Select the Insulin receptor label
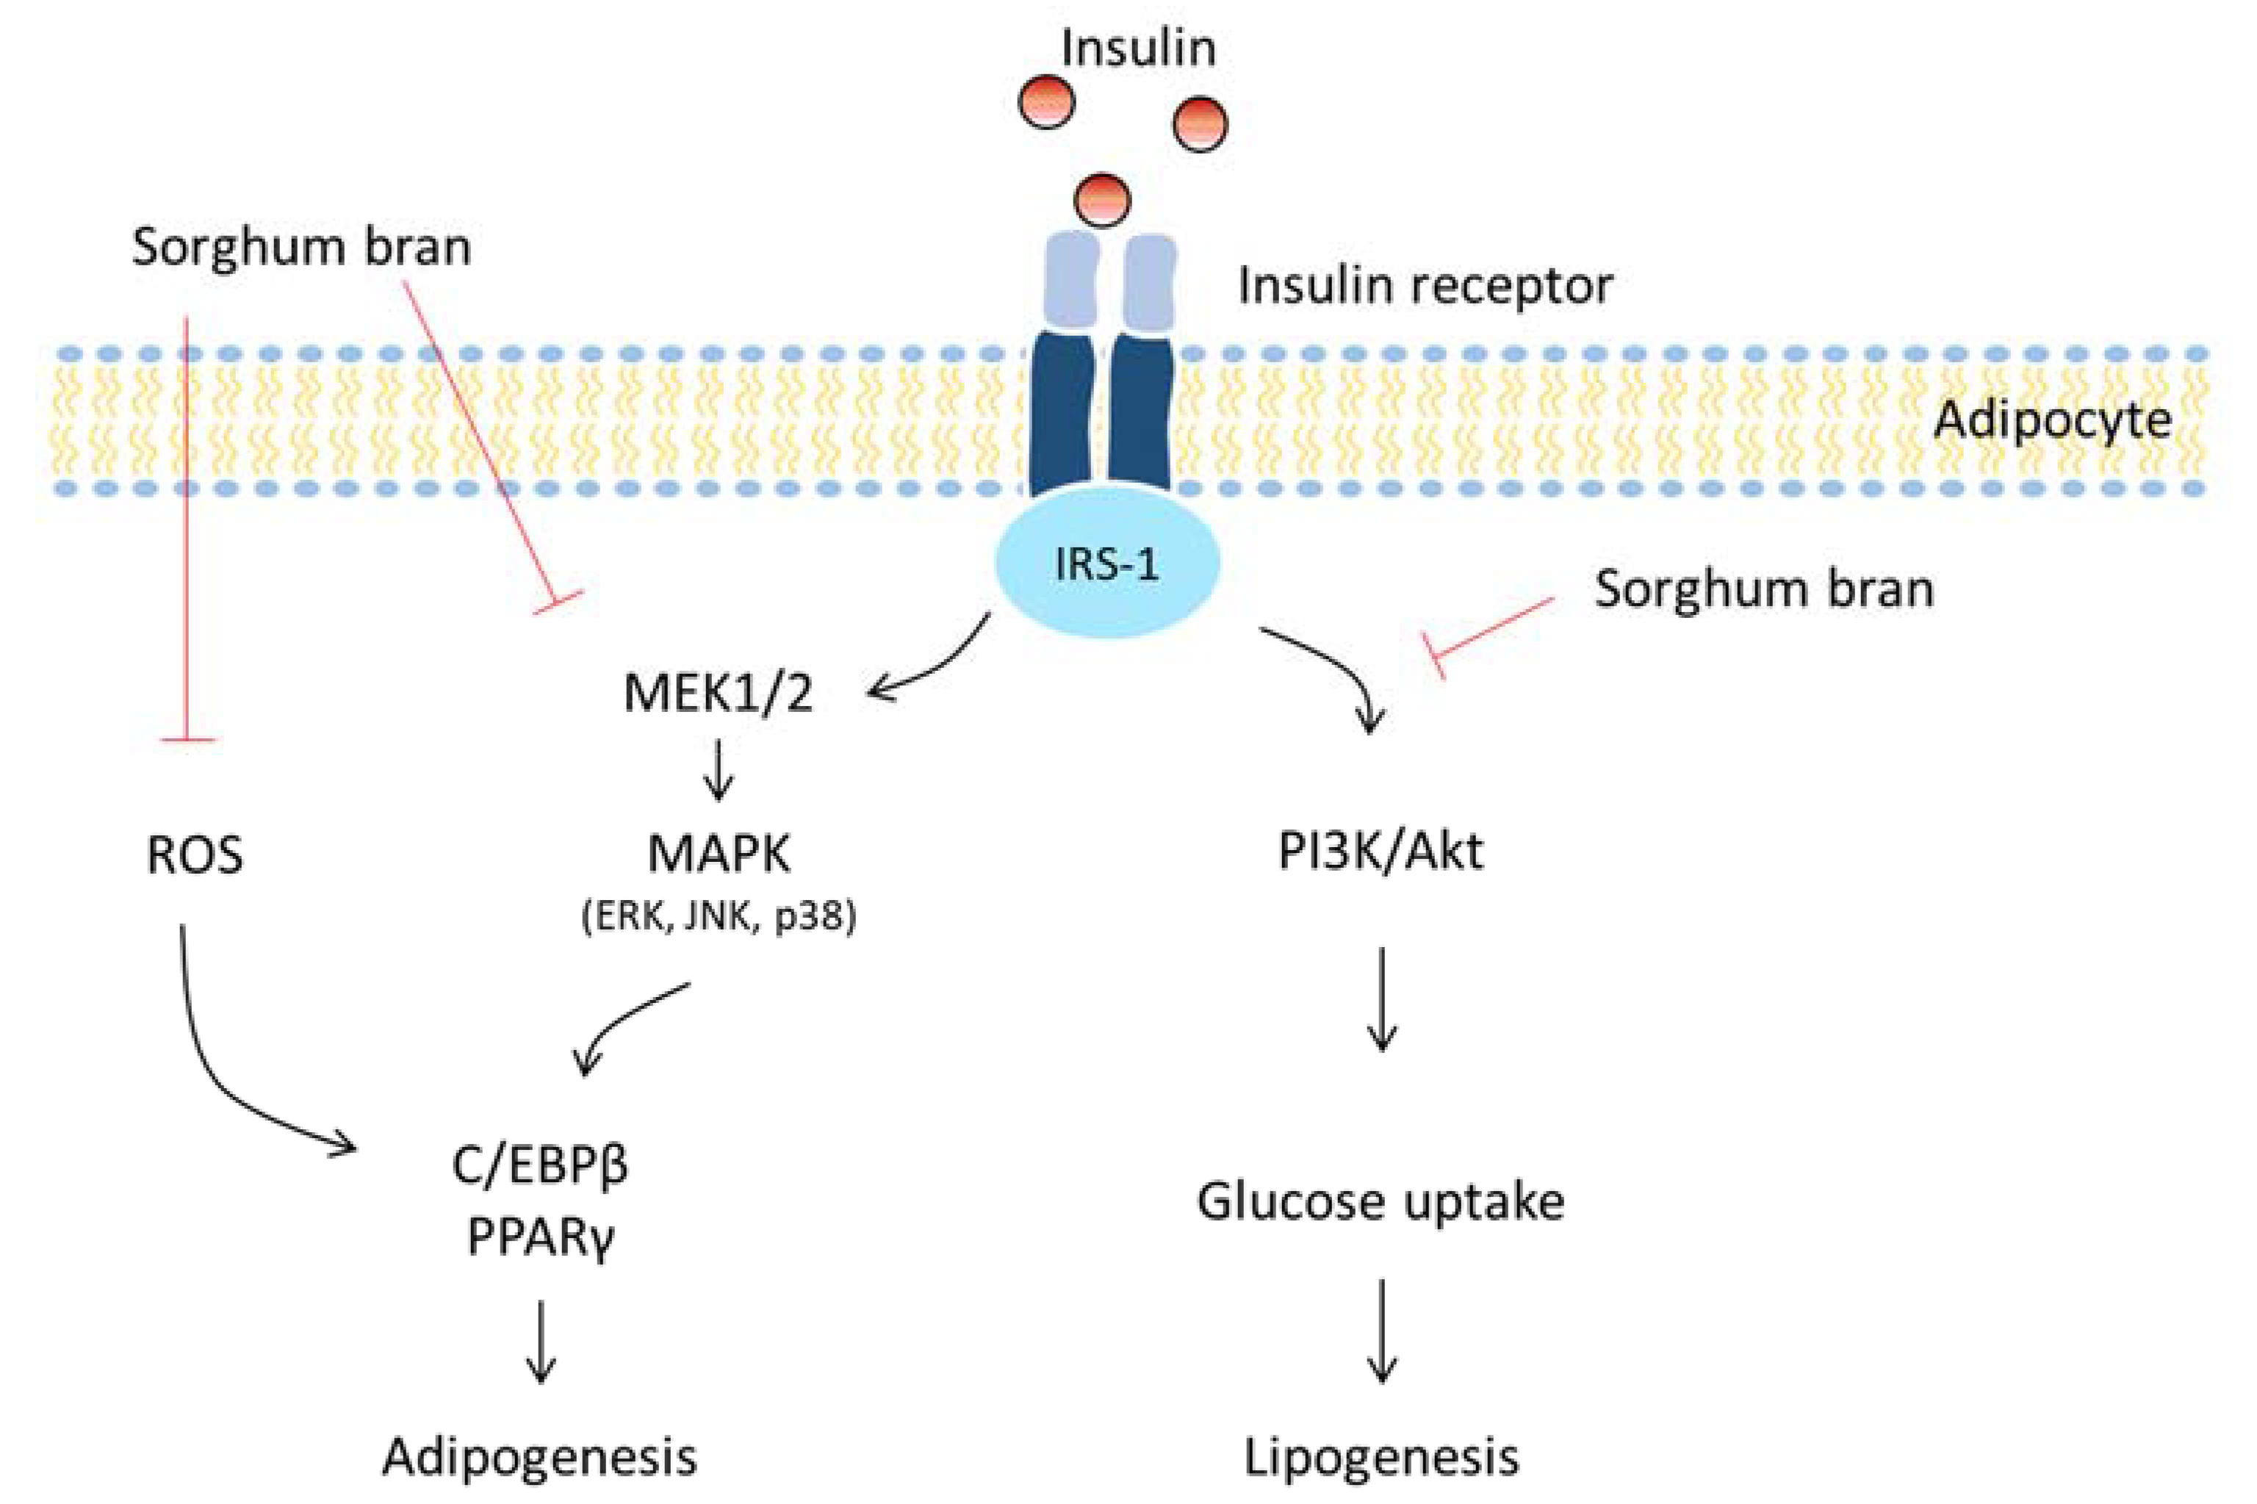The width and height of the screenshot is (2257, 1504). [1425, 286]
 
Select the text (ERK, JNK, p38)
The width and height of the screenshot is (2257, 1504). [719, 918]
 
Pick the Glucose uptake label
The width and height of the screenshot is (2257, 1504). [1381, 1201]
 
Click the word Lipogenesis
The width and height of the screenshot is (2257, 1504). [1381, 1457]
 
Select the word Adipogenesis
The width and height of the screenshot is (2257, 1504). [539, 1457]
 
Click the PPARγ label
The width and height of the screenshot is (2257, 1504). [540, 1238]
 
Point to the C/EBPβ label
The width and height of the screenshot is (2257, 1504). [540, 1166]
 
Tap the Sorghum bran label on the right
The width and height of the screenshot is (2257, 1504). [1763, 589]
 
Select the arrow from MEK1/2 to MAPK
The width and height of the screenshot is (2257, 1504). [719, 773]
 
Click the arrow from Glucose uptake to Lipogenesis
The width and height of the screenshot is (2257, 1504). [1381, 1328]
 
